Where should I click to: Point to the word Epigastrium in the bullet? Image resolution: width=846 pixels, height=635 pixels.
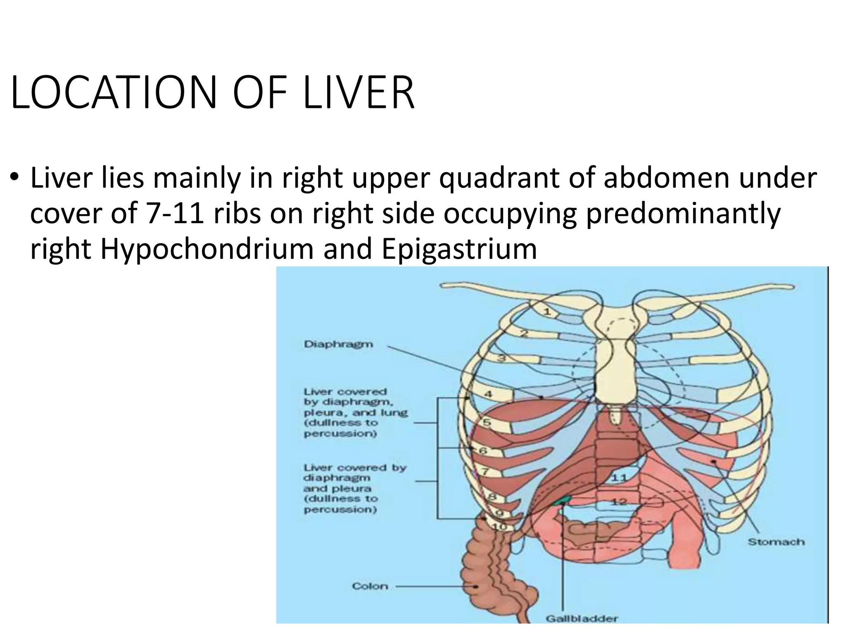click(459, 249)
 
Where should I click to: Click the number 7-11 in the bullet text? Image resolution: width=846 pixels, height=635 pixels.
click(175, 214)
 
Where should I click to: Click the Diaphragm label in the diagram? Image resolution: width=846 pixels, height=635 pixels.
click(338, 344)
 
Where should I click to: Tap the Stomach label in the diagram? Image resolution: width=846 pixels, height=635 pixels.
click(776, 542)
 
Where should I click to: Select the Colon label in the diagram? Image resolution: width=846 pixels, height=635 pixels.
click(370, 586)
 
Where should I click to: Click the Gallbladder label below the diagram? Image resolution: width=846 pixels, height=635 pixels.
click(582, 619)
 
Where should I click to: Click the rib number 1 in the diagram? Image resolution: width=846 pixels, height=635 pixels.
click(547, 312)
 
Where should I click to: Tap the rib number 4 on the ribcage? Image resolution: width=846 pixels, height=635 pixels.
click(488, 394)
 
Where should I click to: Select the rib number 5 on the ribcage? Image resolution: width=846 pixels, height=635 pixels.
click(487, 423)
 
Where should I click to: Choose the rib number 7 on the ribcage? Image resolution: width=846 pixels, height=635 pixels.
click(485, 471)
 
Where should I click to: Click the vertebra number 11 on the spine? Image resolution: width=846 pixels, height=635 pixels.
click(619, 477)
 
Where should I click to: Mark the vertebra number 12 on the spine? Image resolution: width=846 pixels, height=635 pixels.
click(619, 502)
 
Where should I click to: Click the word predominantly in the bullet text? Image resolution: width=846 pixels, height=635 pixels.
click(683, 214)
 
